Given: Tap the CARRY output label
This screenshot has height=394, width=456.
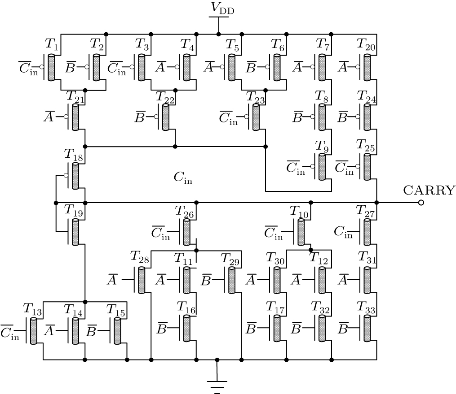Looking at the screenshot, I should tap(429, 190).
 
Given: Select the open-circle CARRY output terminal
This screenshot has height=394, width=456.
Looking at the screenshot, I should tap(421, 203).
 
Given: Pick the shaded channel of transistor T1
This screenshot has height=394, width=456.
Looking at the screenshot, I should tap(51, 67).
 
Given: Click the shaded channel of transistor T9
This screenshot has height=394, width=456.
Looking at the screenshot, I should tap(322, 167).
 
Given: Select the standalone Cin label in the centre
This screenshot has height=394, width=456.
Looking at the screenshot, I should tap(183, 178).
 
